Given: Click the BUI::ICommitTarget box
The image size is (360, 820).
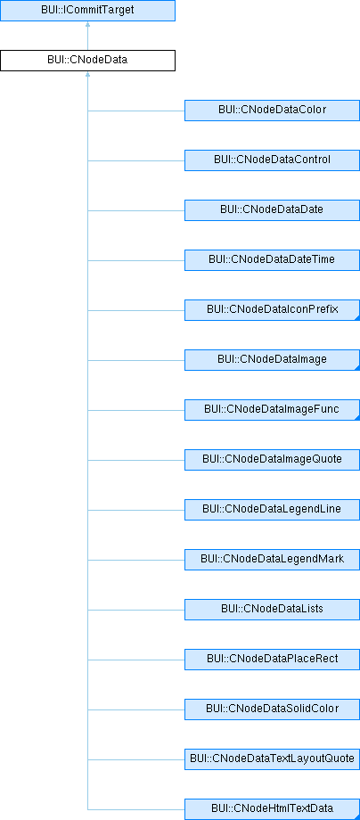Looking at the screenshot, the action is (x=87, y=11).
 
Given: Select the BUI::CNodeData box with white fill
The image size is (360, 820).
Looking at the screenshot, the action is (x=87, y=60).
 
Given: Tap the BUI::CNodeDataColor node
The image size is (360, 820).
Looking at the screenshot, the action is (x=272, y=111).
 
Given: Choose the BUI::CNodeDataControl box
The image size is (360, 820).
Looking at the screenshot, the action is (x=272, y=160).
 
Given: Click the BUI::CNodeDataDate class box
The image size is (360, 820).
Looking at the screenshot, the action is (x=272, y=210).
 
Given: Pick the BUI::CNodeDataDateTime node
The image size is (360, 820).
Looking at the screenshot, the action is (x=272, y=260).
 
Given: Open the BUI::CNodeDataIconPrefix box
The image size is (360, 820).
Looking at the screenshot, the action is (x=272, y=310).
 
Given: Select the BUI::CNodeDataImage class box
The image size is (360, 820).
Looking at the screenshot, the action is (x=272, y=360).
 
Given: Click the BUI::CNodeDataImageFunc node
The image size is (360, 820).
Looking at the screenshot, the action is (x=272, y=410).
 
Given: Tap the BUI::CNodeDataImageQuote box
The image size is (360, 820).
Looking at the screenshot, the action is (x=272, y=460).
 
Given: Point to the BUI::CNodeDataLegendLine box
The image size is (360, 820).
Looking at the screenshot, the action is (x=272, y=510).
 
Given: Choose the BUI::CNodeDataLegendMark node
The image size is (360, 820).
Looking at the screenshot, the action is (x=272, y=560).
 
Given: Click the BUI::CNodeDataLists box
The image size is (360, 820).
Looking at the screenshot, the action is (x=272, y=610).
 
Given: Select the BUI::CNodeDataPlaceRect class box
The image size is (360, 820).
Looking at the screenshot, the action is (x=272, y=660).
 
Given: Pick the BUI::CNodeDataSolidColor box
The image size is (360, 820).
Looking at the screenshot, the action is (x=272, y=709).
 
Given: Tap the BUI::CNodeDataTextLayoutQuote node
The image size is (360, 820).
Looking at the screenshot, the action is (x=272, y=759).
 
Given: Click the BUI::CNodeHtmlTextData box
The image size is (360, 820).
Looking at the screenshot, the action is (x=272, y=809).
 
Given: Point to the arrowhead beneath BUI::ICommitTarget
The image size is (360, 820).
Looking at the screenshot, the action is (x=87, y=24).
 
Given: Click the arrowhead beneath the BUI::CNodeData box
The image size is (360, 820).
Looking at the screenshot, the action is (x=87, y=74).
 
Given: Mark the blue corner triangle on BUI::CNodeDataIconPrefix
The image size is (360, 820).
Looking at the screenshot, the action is (x=357, y=318).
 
